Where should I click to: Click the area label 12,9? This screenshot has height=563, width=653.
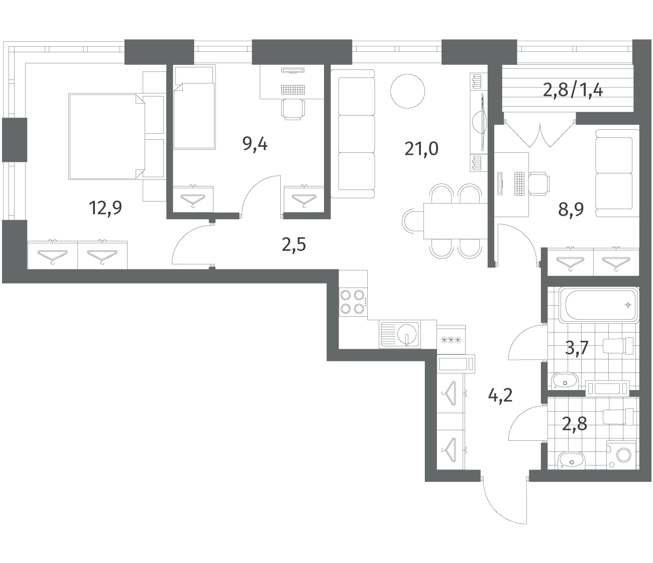(105, 208)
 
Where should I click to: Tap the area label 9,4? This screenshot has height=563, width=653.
(255, 145)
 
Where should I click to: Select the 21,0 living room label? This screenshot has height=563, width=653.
(421, 149)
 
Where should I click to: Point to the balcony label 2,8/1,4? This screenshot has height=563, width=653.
(573, 90)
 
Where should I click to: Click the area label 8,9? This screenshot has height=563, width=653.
(571, 209)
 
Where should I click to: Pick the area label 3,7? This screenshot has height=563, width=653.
(577, 348)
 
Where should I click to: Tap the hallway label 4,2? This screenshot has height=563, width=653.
(500, 395)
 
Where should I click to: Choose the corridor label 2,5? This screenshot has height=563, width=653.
(294, 245)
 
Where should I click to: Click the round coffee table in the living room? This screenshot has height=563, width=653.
(407, 91)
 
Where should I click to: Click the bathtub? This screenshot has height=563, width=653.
(598, 305)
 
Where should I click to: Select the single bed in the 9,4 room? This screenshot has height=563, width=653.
(194, 107)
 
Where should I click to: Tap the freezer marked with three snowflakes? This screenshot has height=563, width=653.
(451, 340)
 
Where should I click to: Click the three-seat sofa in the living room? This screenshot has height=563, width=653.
(353, 134)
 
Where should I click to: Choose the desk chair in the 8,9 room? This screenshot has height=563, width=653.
(539, 183)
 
